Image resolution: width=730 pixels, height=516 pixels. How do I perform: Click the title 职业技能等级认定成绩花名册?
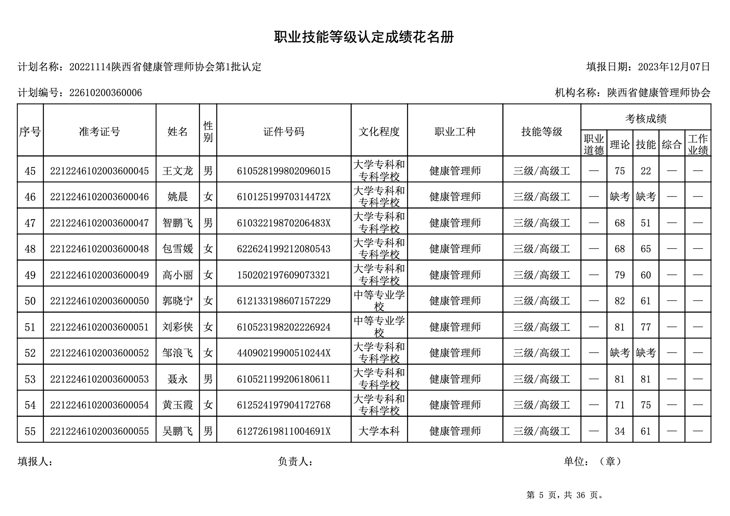[364, 37]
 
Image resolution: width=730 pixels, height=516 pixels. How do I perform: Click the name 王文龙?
[178, 171]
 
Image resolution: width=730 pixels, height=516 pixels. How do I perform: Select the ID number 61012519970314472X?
[283, 197]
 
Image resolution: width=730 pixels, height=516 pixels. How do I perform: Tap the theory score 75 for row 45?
[619, 171]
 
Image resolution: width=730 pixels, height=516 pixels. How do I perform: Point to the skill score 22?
[646, 171]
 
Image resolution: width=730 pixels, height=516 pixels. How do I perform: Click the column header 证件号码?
[283, 132]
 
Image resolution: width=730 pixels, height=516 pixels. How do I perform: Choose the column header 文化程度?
[379, 132]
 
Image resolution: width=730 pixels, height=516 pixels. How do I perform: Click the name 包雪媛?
[178, 249]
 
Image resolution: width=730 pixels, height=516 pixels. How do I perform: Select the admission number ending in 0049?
[99, 275]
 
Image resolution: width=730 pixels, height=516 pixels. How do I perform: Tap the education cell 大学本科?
[379, 431]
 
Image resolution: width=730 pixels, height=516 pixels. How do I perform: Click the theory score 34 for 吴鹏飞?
[619, 431]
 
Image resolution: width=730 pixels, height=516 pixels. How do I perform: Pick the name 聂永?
[178, 379]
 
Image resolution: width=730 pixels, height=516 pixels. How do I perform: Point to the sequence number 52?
[30, 353]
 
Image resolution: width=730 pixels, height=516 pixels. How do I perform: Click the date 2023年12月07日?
[673, 67]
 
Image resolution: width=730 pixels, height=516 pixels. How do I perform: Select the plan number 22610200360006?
[105, 93]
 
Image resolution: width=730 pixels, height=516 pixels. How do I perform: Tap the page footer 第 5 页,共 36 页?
[565, 495]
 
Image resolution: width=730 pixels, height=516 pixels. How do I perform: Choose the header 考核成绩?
[646, 119]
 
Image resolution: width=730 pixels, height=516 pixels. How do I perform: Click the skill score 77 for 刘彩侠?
[646, 327]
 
